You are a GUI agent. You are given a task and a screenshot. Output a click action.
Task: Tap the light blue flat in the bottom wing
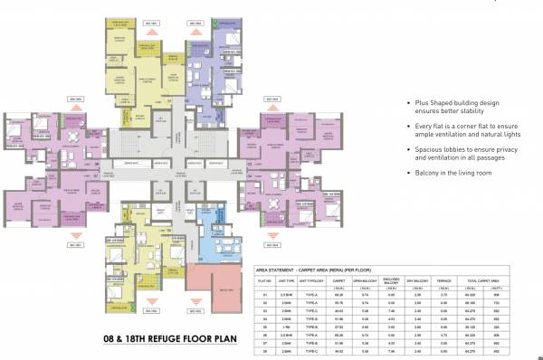click(x=214, y=223)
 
